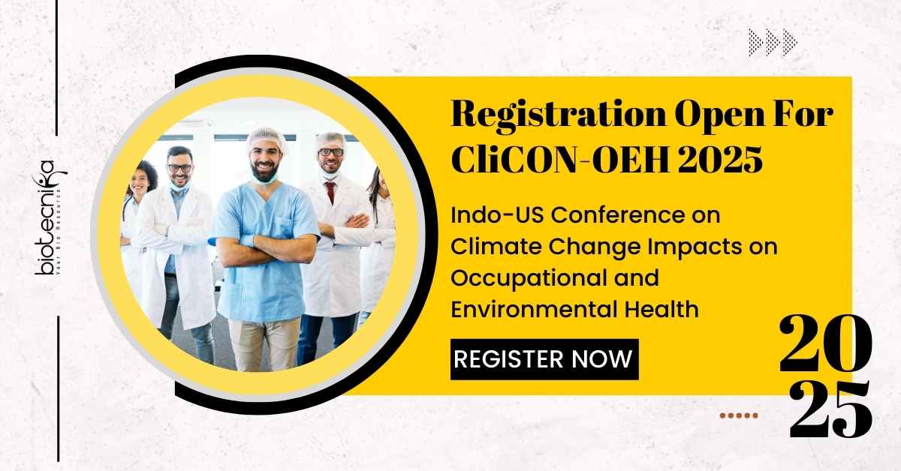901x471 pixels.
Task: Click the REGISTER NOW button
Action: pyautogui.click(x=544, y=359)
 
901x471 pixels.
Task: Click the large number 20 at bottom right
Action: pyautogui.click(x=825, y=343)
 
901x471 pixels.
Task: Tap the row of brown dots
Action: pyautogui.click(x=739, y=415)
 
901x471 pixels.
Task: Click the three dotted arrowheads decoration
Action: pyautogui.click(x=773, y=42)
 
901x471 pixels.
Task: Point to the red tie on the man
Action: pyautogui.click(x=330, y=192)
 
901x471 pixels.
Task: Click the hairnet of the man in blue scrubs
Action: pyautogui.click(x=265, y=139)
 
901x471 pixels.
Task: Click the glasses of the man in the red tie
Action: pyautogui.click(x=331, y=153)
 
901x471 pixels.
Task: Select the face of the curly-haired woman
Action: pyautogui.click(x=141, y=183)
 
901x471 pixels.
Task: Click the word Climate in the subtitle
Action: pyautogui.click(x=496, y=247)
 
